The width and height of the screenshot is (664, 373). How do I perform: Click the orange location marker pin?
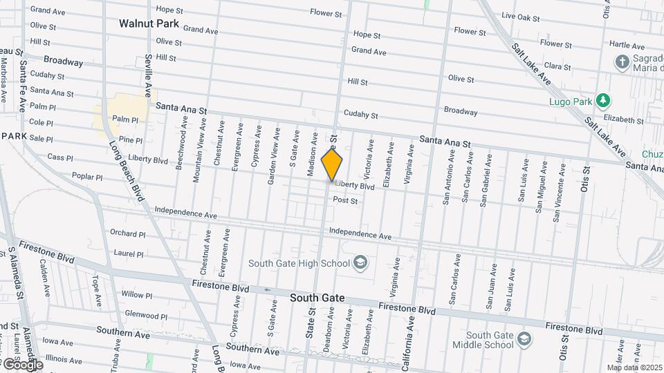point(332,165)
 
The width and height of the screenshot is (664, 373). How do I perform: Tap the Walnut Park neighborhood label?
point(149,23)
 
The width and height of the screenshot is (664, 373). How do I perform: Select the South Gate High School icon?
point(360,262)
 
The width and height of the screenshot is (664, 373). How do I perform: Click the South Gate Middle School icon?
point(525,338)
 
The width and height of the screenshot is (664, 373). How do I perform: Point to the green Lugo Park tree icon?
point(604,101)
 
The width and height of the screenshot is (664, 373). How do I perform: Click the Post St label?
point(345,200)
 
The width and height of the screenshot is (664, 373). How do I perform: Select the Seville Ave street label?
point(147,69)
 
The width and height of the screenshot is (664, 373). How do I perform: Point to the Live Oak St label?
point(519,15)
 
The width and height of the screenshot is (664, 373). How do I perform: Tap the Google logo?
point(22,364)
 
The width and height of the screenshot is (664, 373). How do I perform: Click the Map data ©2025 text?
point(634,367)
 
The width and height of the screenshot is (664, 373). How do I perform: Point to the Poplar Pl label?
point(86,177)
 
